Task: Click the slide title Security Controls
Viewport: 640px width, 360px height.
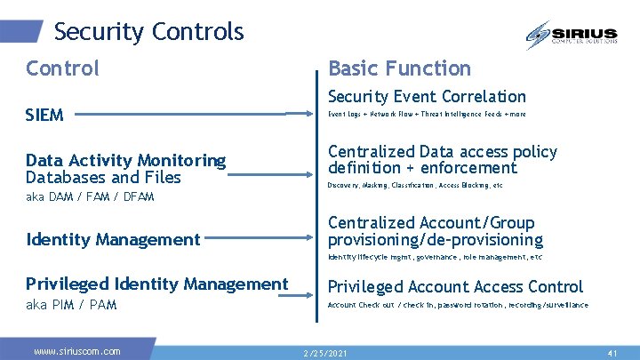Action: click(148, 32)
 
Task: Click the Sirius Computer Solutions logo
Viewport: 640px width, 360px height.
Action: click(572, 36)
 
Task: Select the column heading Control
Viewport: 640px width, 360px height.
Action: click(62, 68)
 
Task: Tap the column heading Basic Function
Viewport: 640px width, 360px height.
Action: click(399, 68)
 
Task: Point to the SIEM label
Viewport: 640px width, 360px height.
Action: click(44, 115)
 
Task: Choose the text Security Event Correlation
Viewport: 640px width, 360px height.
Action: click(427, 96)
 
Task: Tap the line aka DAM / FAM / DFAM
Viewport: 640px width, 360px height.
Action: click(90, 196)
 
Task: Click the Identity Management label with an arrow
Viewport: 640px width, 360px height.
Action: click(113, 239)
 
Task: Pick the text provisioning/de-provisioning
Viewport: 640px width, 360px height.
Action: click(435, 240)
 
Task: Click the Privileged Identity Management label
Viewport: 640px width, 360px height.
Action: click(156, 284)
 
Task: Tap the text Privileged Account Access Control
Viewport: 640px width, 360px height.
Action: click(455, 286)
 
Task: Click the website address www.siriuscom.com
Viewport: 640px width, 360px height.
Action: click(76, 351)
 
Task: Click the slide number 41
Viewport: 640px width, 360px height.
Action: click(612, 353)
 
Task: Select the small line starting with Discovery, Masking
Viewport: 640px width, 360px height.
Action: click(415, 186)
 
